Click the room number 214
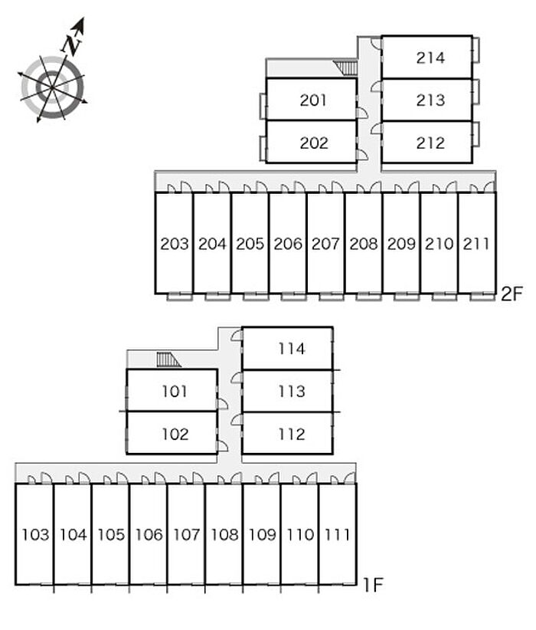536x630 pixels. pyautogui.click(x=430, y=57)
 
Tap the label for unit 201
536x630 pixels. pyautogui.click(x=313, y=100)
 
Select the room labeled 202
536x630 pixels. pyautogui.click(x=314, y=143)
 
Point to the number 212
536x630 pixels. pyautogui.click(x=430, y=143)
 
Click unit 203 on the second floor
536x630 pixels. pyautogui.click(x=175, y=244)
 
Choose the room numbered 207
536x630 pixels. pyautogui.click(x=325, y=244)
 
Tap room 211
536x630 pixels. pyautogui.click(x=476, y=244)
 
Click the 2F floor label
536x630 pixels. pyautogui.click(x=511, y=294)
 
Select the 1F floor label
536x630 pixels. pyautogui.click(x=373, y=585)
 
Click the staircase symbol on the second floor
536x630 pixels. pyautogui.click(x=345, y=68)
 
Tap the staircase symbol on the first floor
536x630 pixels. pyautogui.click(x=168, y=359)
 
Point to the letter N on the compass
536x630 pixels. pyautogui.click(x=71, y=45)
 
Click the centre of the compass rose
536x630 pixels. pyautogui.click(x=52, y=87)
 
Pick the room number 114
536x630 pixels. pyautogui.click(x=292, y=349)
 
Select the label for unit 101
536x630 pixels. pyautogui.click(x=175, y=392)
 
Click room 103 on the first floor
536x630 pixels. pyautogui.click(x=35, y=535)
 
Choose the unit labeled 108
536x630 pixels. pyautogui.click(x=224, y=535)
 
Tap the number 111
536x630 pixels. pyautogui.click(x=337, y=535)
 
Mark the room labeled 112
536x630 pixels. pyautogui.click(x=292, y=435)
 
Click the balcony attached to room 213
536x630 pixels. pyautogui.click(x=476, y=93)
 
